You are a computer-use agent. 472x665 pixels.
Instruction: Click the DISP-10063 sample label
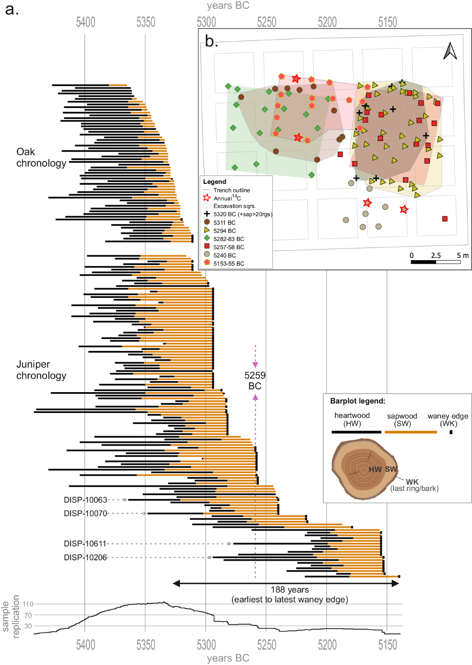click(x=85, y=500)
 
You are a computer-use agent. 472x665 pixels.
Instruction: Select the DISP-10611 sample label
click(x=85, y=544)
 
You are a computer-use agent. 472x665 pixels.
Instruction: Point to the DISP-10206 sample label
click(x=85, y=558)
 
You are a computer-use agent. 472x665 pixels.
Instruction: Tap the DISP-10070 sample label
click(x=85, y=513)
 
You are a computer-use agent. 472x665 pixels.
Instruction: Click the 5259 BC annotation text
click(x=255, y=380)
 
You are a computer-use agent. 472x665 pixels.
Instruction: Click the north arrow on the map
click(x=450, y=51)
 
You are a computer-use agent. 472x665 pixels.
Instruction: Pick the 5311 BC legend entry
click(x=224, y=222)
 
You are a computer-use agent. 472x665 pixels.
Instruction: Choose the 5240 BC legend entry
click(x=224, y=255)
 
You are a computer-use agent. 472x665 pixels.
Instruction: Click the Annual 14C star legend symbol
click(x=207, y=198)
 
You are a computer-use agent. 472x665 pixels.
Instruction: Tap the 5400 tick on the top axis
click(x=85, y=22)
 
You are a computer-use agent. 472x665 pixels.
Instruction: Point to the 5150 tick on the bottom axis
click(x=387, y=645)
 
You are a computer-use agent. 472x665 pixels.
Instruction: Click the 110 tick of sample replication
click(x=28, y=604)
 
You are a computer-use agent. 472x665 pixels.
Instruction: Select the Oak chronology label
click(x=41, y=157)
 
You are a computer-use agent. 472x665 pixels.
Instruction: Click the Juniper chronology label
click(x=41, y=370)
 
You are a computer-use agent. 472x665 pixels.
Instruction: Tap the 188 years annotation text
click(x=290, y=589)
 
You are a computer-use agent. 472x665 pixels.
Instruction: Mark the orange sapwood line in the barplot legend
click(x=411, y=432)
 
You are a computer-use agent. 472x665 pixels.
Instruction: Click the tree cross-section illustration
click(x=364, y=469)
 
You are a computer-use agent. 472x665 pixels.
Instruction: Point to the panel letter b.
click(x=211, y=41)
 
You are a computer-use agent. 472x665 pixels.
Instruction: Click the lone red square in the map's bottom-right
click(x=445, y=219)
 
